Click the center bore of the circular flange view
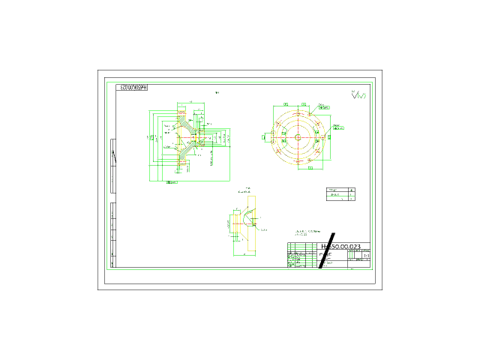point(298,137)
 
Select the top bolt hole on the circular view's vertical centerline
point(298,114)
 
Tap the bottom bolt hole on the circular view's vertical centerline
point(298,160)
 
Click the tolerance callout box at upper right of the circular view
point(323,107)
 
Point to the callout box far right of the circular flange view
point(338,128)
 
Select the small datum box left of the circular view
point(264,137)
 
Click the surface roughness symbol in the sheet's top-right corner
point(361,95)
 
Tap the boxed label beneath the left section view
point(172,182)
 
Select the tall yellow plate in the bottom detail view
point(251,223)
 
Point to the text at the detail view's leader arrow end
point(263,229)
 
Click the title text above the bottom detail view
point(244,190)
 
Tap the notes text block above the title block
point(301,233)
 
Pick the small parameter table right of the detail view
point(341,194)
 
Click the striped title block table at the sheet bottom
point(301,255)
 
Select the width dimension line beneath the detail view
point(244,254)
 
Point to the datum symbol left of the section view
point(151,138)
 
